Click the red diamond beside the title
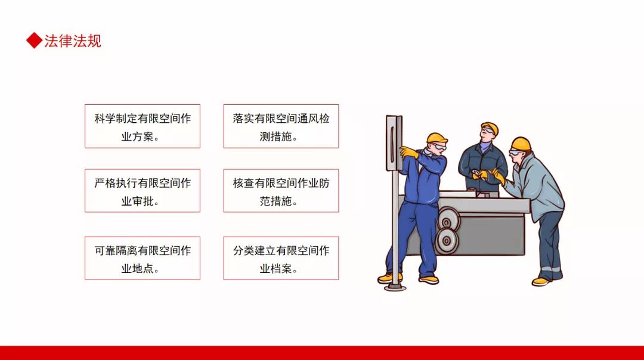click(34, 41)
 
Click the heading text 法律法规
click(73, 41)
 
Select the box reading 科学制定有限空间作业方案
click(143, 126)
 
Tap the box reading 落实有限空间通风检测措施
click(281, 126)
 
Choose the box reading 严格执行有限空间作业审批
click(143, 191)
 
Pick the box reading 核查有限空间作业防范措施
click(281, 191)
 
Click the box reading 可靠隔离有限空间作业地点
click(143, 258)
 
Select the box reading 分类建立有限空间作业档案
click(281, 258)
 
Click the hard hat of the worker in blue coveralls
click(436, 138)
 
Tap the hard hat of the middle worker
click(490, 128)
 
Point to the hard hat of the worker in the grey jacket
click(521, 144)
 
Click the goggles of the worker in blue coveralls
click(439, 146)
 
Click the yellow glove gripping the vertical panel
click(408, 153)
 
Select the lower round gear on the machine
click(446, 241)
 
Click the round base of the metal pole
click(395, 287)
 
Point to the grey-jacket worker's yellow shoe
click(541, 281)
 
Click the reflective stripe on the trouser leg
click(550, 269)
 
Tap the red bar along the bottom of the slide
click(322, 353)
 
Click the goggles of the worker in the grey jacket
click(515, 153)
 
